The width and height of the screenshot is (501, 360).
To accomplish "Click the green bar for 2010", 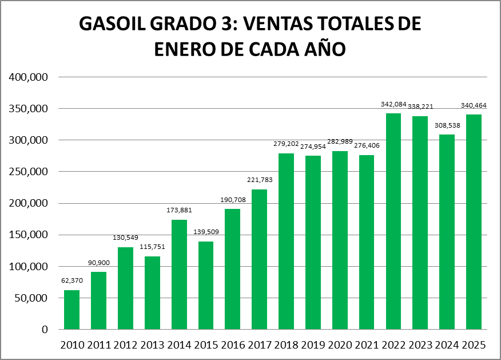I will coord(72,310).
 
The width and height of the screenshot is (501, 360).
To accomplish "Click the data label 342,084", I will coord(393,104).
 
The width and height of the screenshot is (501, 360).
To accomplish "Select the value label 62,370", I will coord(72,281).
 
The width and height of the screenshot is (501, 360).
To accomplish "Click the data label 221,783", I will coord(260,180).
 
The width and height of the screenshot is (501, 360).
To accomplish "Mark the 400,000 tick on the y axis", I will coord(28,77).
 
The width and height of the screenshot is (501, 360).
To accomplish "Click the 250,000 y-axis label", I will coord(28,172).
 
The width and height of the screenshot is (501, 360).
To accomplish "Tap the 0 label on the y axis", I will coord(45,330).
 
